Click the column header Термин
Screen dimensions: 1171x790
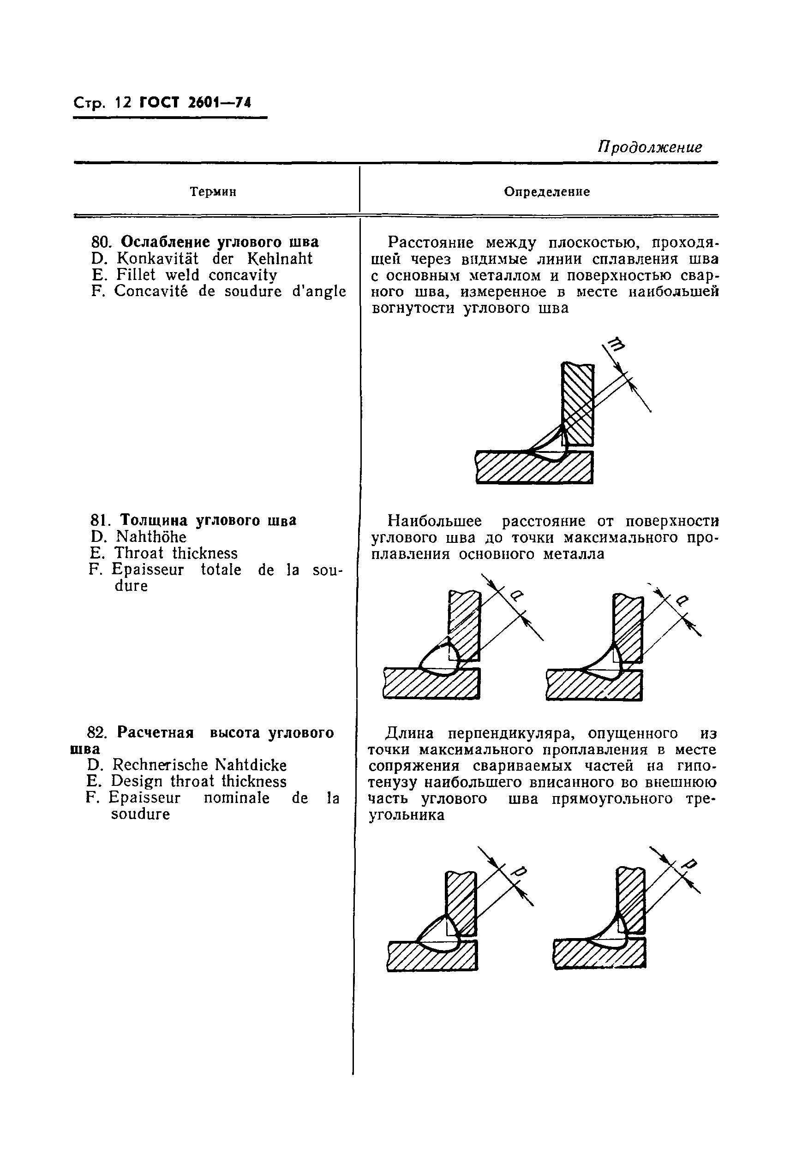[213, 192]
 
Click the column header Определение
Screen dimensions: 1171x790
[547, 192]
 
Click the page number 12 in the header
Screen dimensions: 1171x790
[122, 103]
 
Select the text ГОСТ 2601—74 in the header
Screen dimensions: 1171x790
[195, 103]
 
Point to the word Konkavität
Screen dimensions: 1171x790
[157, 259]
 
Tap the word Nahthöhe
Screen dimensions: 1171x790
[150, 537]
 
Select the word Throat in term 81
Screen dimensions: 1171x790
[138, 553]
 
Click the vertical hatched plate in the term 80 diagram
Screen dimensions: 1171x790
[578, 402]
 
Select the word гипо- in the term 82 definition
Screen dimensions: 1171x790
[697, 766]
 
